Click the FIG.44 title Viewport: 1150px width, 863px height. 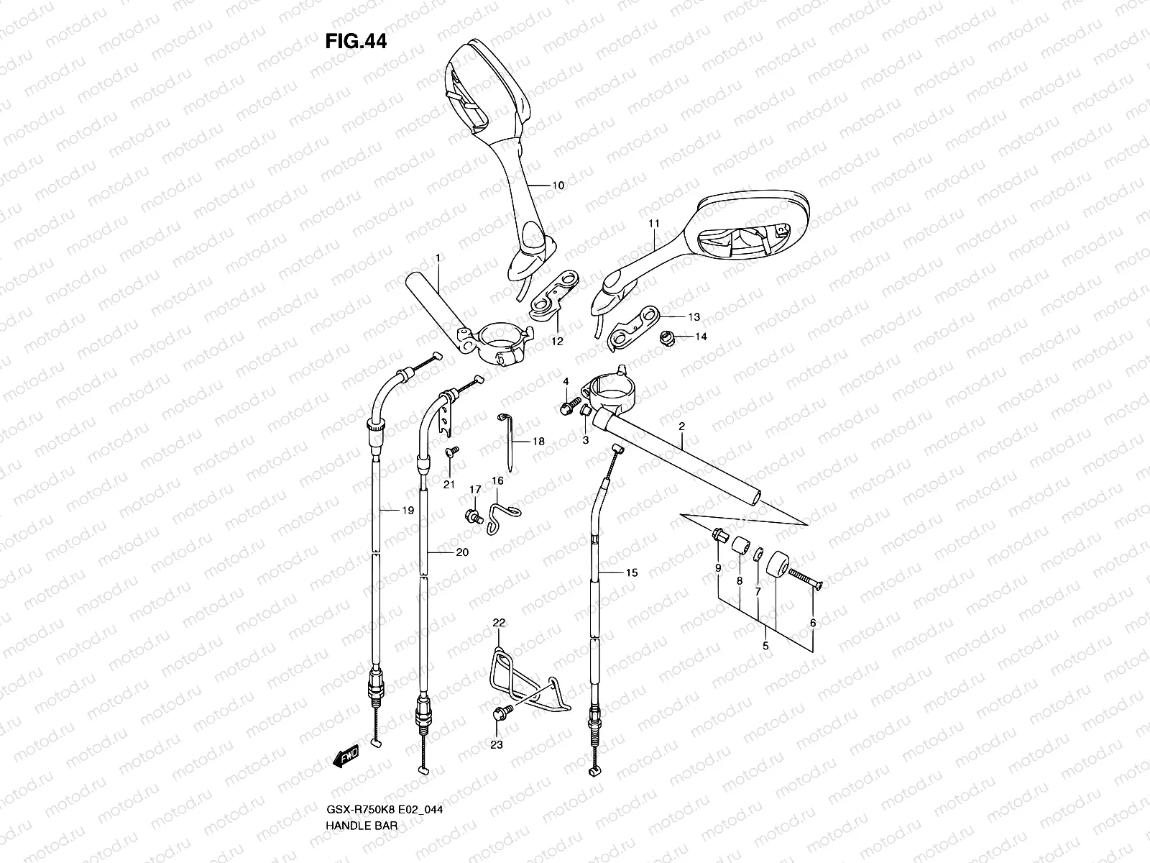point(356,42)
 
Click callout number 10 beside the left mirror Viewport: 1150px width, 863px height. point(557,186)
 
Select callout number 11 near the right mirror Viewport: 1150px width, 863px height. point(653,224)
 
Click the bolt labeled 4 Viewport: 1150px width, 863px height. point(566,407)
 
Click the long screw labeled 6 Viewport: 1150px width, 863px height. point(804,577)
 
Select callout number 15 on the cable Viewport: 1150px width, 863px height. point(630,573)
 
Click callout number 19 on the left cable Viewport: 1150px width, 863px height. point(408,511)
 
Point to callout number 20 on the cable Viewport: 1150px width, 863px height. point(462,552)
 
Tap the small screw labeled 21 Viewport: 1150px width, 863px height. point(453,452)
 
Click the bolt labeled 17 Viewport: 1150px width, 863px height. point(473,515)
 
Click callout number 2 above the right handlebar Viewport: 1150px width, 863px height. point(681,426)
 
